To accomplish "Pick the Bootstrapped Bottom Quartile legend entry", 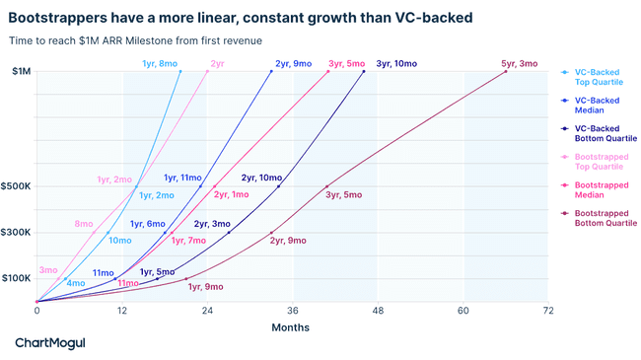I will click(x=605, y=218).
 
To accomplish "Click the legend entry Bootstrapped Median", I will click(x=603, y=190).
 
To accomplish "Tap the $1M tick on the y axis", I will click(x=21, y=71).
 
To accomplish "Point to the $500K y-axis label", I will click(x=16, y=186).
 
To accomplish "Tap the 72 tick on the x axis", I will click(x=547, y=310).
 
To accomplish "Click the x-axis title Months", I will click(x=290, y=327).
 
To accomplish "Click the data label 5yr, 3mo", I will click(x=519, y=63).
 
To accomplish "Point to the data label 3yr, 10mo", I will click(x=395, y=63).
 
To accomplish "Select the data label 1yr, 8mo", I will click(x=159, y=63).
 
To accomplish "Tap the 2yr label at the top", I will click(x=217, y=63).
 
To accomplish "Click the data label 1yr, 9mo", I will click(x=205, y=287).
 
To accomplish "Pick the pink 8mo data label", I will click(x=84, y=224).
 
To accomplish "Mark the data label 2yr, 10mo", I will click(x=261, y=178).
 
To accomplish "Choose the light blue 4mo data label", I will click(x=75, y=283).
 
